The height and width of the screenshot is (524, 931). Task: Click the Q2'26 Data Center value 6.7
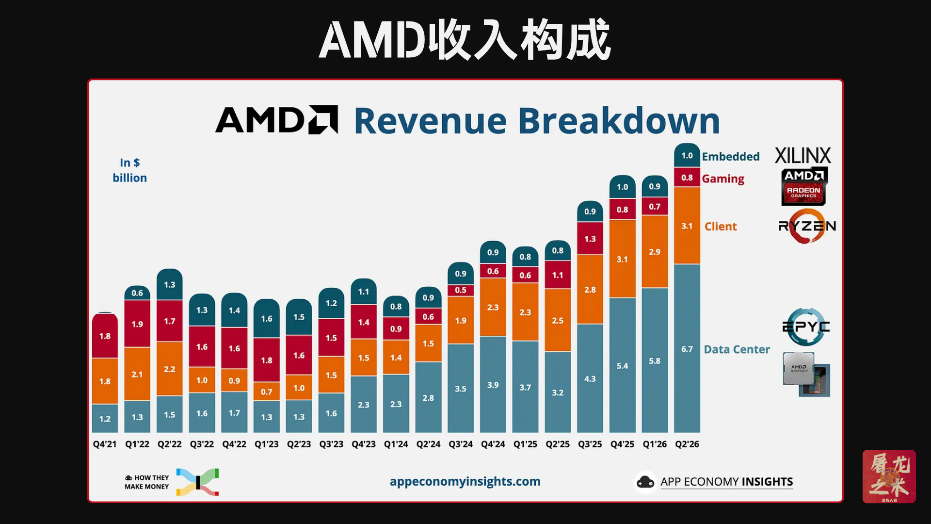pos(687,349)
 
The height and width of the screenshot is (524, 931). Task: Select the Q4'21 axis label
pos(105,444)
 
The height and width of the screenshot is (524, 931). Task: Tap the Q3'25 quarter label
pos(590,444)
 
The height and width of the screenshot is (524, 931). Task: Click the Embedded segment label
pos(731,156)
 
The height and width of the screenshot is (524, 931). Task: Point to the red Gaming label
pos(723,179)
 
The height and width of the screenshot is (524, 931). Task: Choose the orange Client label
pos(721,226)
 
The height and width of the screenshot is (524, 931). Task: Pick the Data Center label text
pos(737,349)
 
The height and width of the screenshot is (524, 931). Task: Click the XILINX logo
pos(803,156)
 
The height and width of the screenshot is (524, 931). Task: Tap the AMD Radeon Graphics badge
pos(804,186)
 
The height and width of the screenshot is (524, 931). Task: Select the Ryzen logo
pos(807,226)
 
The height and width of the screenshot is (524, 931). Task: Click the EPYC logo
pos(806,327)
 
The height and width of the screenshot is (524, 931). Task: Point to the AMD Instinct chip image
pos(806,374)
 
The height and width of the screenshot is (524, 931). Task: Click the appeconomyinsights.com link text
pos(465,481)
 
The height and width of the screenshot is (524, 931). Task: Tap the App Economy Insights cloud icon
pos(645,482)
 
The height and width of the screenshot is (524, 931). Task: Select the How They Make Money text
pos(147,482)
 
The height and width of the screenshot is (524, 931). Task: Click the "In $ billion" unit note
pos(129,170)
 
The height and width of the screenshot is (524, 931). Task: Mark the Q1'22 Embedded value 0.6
pos(137,293)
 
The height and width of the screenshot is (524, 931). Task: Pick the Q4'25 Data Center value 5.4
pos(622,366)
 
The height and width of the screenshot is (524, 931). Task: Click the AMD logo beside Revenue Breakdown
pos(276,119)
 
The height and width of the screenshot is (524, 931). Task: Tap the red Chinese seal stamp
pos(889,476)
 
